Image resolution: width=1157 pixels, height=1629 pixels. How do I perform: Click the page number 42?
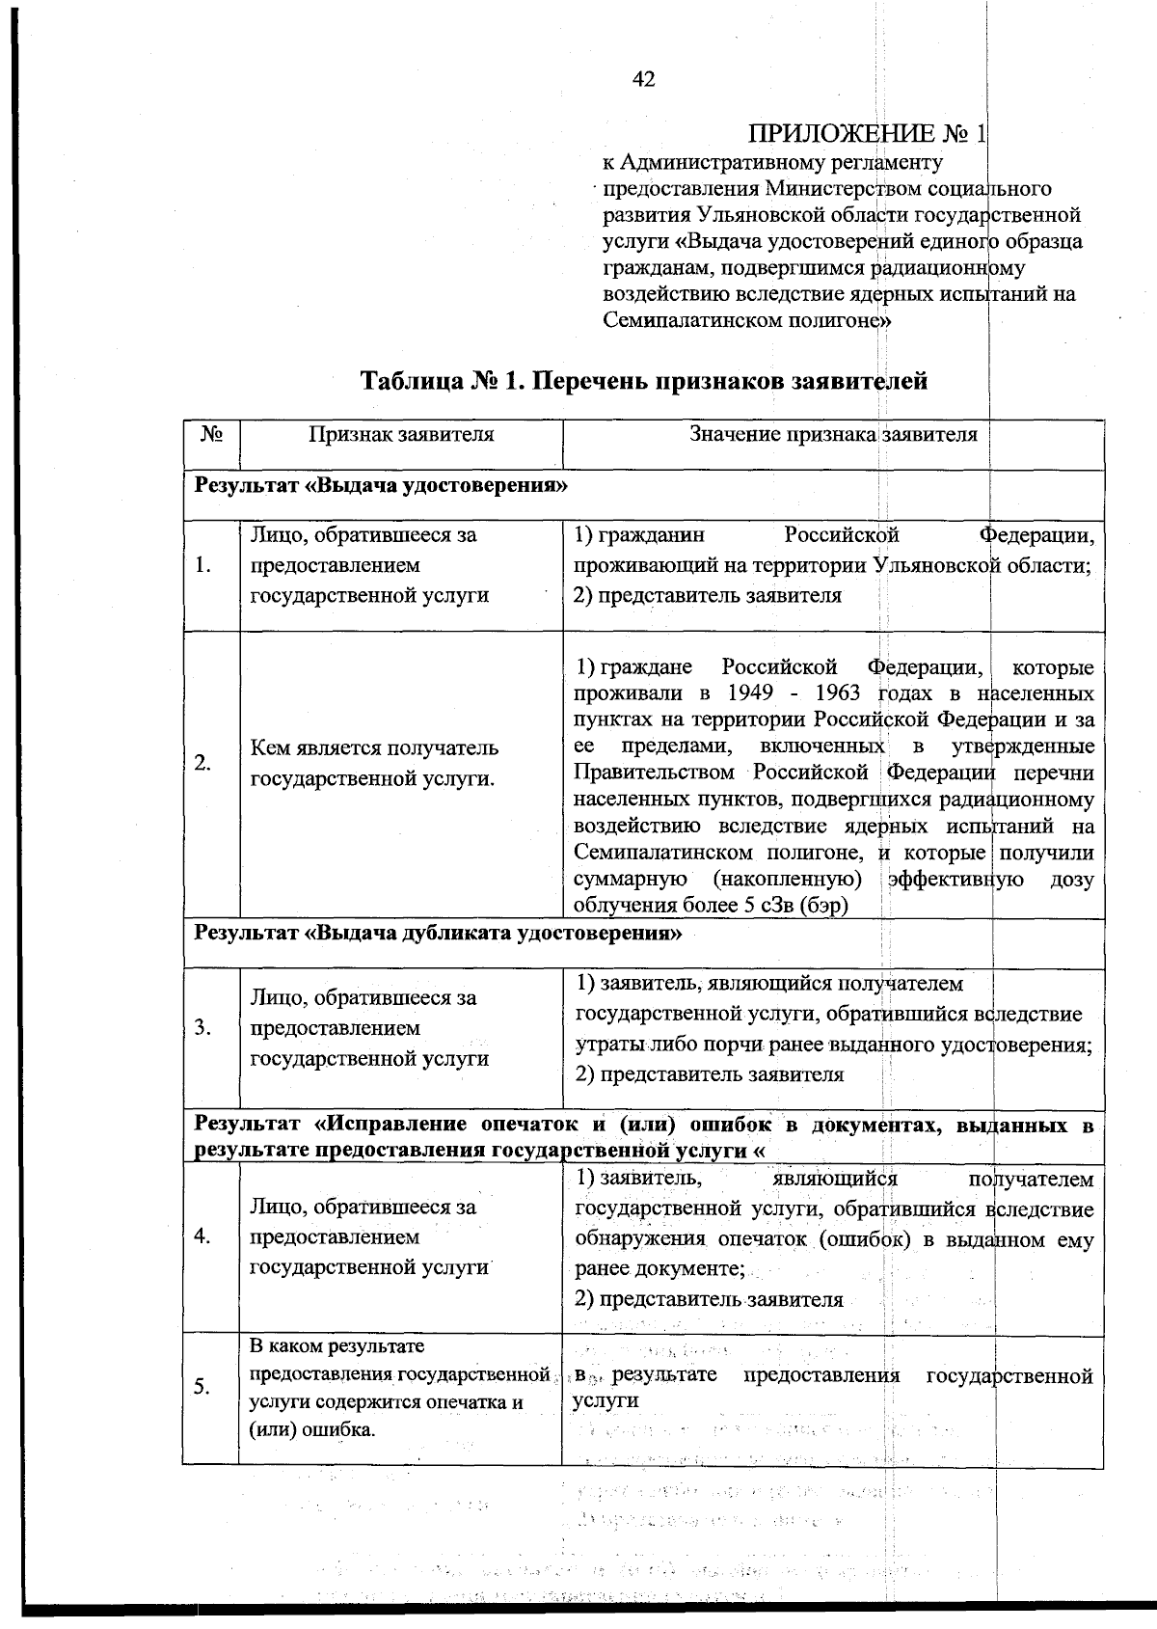point(644,80)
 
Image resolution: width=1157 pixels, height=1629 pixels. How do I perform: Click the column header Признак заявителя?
point(400,434)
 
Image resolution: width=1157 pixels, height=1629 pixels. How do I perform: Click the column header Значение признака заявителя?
point(833,434)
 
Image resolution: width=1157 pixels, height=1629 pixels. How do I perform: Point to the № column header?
point(212,434)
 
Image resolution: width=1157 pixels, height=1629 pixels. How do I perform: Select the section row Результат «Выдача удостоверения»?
point(381,485)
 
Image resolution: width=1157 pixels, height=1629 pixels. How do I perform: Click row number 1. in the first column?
point(203,565)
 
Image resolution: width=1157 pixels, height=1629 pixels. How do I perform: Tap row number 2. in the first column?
point(203,763)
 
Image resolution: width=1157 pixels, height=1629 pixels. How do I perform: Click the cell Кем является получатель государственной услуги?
point(374,763)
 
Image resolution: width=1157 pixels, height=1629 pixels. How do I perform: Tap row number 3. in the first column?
point(202,1027)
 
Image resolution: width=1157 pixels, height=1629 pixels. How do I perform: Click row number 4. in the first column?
point(202,1237)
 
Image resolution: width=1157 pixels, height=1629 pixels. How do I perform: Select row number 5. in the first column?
point(202,1388)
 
